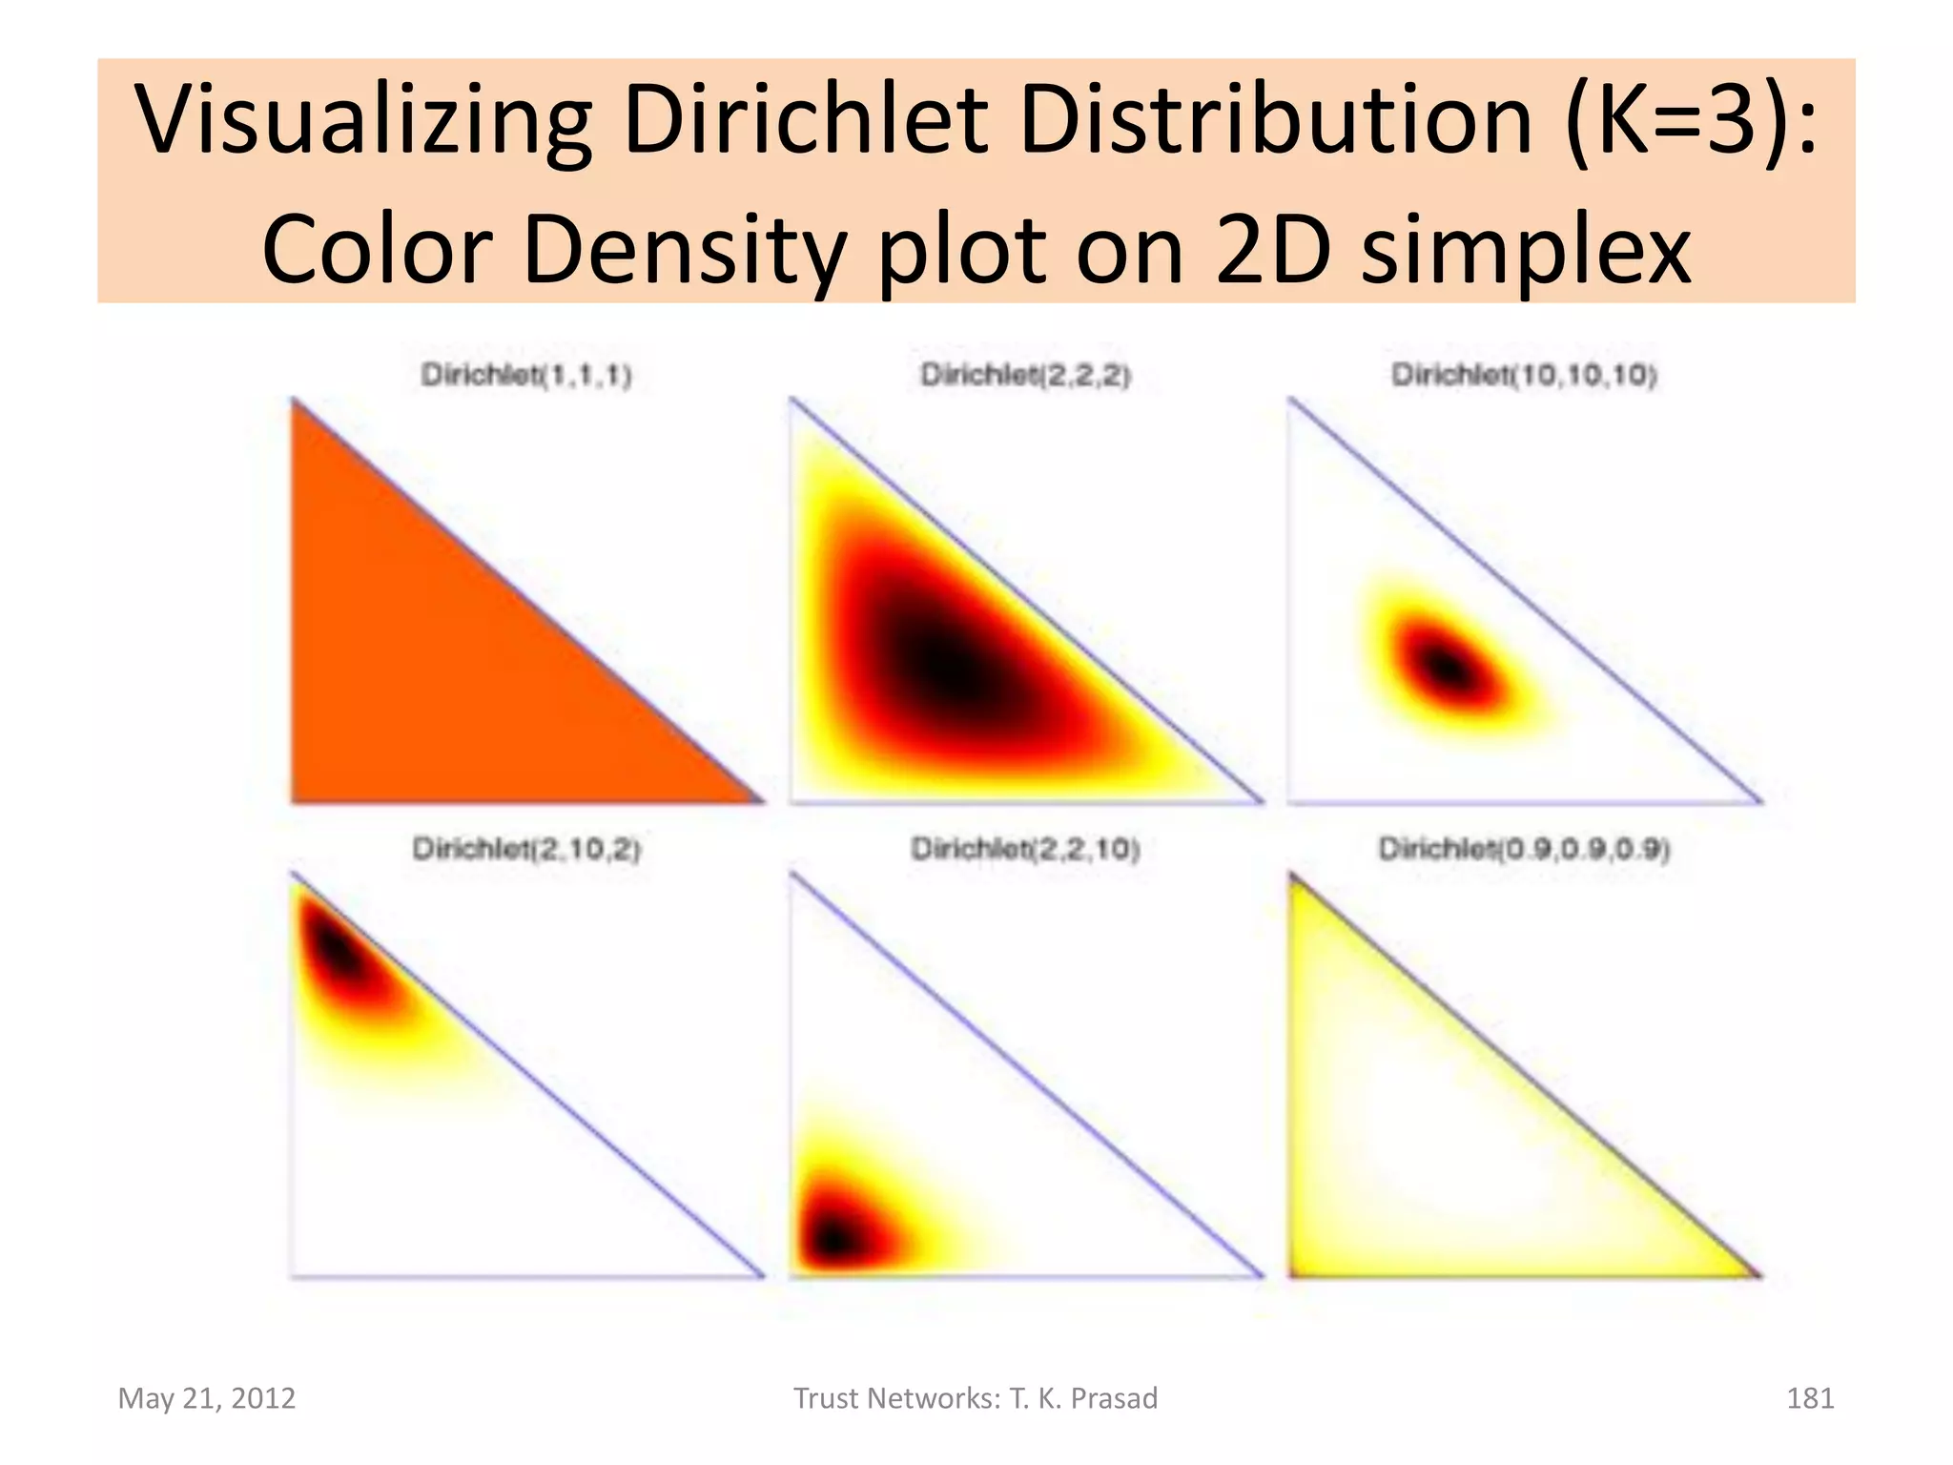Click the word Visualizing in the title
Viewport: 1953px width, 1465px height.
(x=362, y=121)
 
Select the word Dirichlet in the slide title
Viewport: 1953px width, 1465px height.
(x=805, y=121)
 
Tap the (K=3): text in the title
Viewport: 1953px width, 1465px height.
(x=1691, y=121)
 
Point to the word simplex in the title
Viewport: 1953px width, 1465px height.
(x=1526, y=250)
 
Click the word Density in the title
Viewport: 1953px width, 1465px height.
(x=685, y=250)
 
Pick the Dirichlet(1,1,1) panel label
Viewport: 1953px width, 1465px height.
(x=526, y=375)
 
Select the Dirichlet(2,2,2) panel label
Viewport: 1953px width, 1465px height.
(x=1025, y=375)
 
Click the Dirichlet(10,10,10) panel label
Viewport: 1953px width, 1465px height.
(x=1524, y=375)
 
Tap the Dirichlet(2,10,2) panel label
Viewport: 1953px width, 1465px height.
(x=526, y=848)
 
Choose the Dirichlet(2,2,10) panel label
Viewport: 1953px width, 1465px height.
(x=1025, y=848)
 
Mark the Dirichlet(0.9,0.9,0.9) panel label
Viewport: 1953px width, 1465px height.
(x=1524, y=848)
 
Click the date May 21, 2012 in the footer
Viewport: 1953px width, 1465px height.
(x=207, y=1398)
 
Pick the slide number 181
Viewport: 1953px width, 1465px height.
(x=1809, y=1398)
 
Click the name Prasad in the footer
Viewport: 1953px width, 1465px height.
(x=1114, y=1398)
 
